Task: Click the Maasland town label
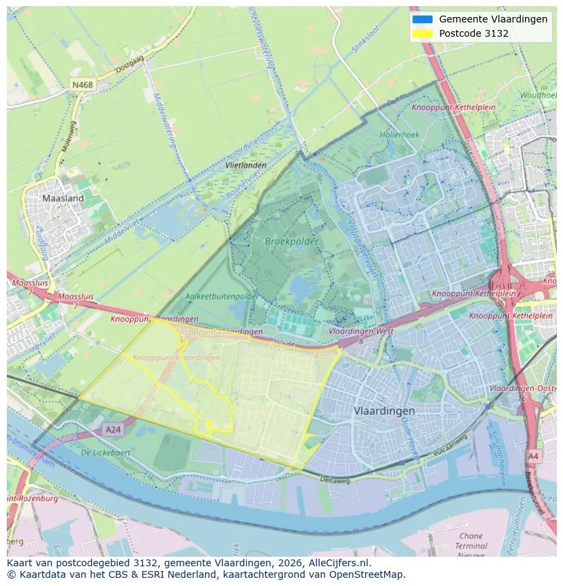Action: coord(63,198)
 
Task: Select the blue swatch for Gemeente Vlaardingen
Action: coord(422,19)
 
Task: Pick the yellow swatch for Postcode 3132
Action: coord(422,33)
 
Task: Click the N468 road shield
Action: coord(82,85)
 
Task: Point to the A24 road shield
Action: coord(113,429)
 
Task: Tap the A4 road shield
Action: coord(534,456)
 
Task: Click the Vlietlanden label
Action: coord(245,165)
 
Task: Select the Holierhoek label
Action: coord(400,135)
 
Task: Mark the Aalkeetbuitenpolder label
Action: coord(222,297)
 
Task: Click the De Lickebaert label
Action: coord(105,452)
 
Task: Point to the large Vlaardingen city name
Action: coord(384,411)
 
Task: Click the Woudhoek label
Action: coord(539,95)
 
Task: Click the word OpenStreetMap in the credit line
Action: coord(370,574)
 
